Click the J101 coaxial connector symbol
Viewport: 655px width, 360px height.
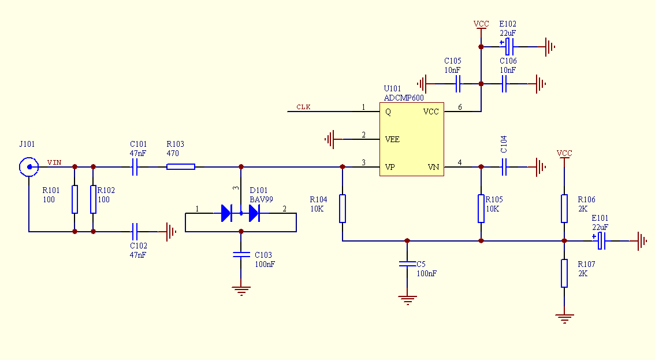[29, 167]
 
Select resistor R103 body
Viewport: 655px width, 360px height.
[181, 167]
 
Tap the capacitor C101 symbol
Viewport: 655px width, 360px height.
[135, 167]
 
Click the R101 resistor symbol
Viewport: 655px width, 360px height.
[75, 199]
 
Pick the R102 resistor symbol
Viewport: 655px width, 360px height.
[93, 199]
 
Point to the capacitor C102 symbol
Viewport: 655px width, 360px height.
[135, 231]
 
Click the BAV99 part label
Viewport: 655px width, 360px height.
[261, 199]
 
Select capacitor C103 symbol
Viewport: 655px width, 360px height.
[241, 254]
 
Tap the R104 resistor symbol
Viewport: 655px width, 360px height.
[343, 208]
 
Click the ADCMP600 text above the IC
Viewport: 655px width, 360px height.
[404, 98]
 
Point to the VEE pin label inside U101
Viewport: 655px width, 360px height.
[392, 139]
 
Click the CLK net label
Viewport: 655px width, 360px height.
[303, 107]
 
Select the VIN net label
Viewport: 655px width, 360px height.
[54, 162]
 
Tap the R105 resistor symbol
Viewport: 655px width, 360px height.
[481, 208]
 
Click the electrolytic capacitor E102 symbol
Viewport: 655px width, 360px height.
[508, 46]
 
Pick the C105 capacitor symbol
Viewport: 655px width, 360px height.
[458, 84]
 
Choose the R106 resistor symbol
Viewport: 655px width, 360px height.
[564, 208]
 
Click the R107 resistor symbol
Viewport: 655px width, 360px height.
[564, 273]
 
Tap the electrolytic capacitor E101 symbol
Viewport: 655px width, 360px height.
[600, 241]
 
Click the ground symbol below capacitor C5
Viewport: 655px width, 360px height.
[407, 300]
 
